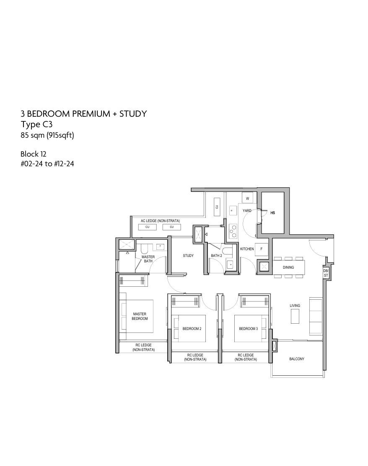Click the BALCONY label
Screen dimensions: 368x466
[x=296, y=359]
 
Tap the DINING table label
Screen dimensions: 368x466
[x=288, y=267]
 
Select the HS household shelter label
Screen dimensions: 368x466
[x=273, y=213]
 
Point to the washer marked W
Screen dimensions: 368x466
[x=248, y=198]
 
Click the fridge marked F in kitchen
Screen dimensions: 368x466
[x=262, y=249]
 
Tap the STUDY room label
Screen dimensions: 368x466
[x=188, y=256]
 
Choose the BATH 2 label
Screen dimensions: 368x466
[x=216, y=256]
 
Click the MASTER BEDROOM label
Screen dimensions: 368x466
[x=140, y=316]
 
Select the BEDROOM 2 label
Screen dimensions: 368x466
[x=192, y=329]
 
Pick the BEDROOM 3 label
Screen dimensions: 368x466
[x=249, y=329]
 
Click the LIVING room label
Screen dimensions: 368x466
[x=295, y=306]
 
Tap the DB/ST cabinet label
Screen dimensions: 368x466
[x=326, y=273]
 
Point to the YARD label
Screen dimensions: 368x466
[x=247, y=211]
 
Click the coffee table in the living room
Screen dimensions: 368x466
[x=295, y=316]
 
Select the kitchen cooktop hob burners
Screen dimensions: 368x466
[x=233, y=231]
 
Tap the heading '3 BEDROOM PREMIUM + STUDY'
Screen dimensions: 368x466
[x=84, y=114]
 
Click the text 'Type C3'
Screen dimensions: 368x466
[x=36, y=125]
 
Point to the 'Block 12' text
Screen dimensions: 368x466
[x=34, y=154]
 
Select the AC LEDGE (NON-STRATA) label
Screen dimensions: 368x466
[x=160, y=221]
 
